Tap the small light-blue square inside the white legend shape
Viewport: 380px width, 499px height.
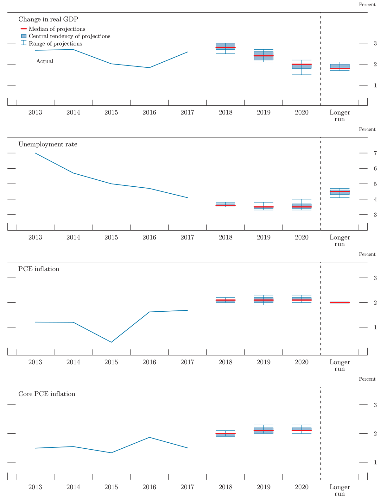coord(24,36)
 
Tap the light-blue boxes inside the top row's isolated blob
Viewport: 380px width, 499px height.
coord(340,66)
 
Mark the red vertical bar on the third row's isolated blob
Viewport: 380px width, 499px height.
coord(352,302)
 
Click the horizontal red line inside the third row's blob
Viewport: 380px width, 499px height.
coord(339,303)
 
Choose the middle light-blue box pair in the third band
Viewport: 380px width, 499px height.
coord(263,300)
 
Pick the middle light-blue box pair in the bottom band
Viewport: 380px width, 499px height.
coord(263,431)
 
